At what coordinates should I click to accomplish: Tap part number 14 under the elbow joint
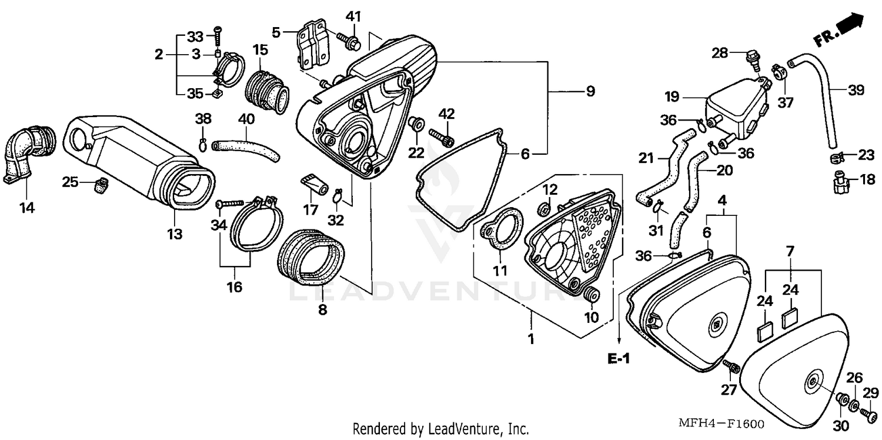click(28, 207)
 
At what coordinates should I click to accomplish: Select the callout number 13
click(174, 234)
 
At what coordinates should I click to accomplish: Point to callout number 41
click(352, 15)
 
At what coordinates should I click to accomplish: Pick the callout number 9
click(590, 91)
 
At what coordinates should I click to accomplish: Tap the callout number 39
click(856, 90)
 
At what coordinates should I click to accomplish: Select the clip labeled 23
click(838, 157)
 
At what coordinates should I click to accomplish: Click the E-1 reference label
click(619, 357)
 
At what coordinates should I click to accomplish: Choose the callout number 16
click(235, 287)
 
